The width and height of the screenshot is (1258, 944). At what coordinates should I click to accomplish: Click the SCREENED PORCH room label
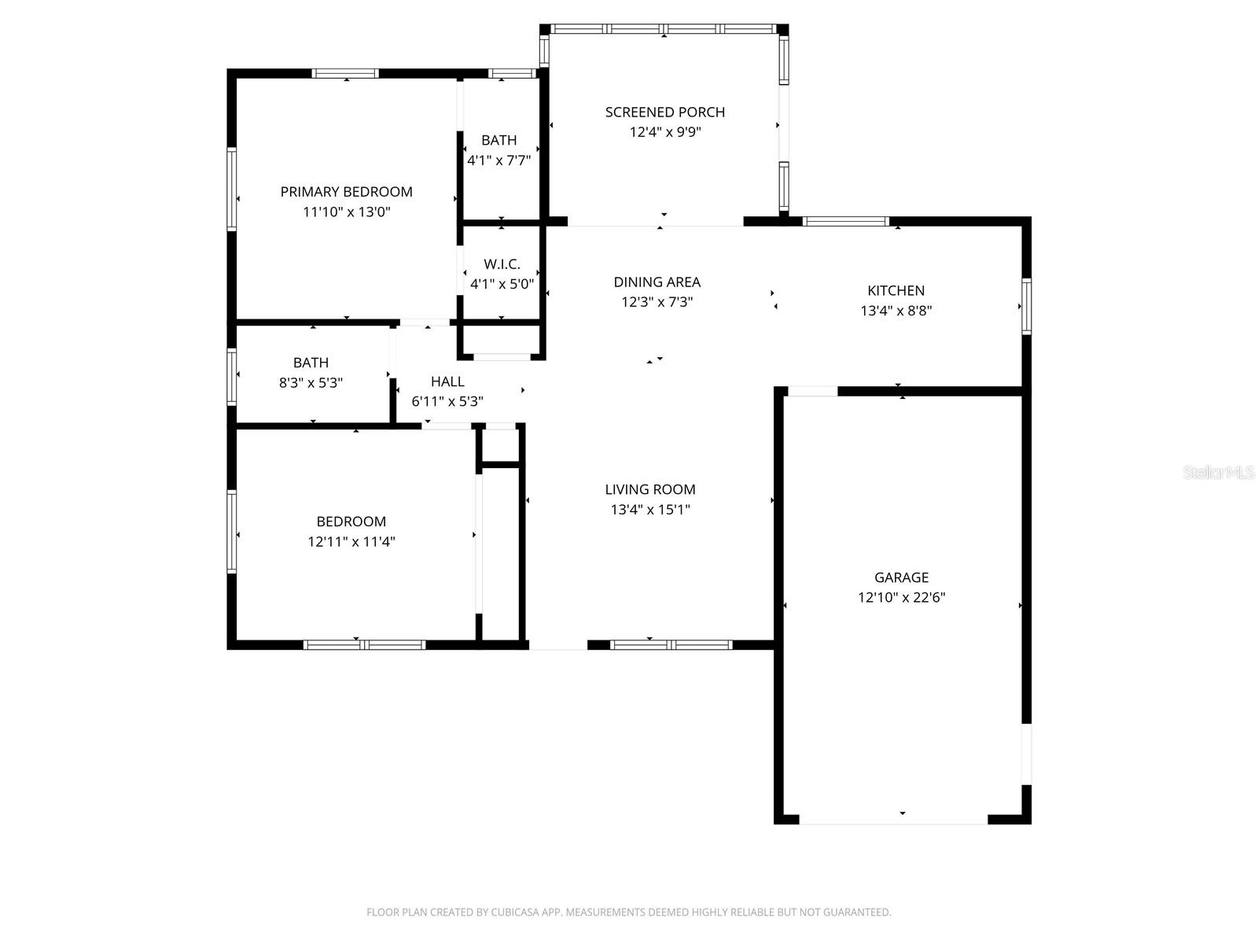(664, 112)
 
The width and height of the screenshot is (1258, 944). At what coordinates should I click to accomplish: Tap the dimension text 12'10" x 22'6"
(901, 597)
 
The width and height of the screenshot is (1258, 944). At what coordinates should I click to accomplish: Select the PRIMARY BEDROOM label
(346, 192)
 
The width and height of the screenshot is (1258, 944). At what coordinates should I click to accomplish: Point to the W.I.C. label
(502, 264)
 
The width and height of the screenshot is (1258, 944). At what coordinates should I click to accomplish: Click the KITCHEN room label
(896, 290)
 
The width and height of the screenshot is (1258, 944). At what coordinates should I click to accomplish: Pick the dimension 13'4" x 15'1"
(650, 510)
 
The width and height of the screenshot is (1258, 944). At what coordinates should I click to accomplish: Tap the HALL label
(447, 382)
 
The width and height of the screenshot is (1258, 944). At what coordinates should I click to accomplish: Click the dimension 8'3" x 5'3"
(311, 383)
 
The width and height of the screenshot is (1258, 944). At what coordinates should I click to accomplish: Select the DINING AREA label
(657, 282)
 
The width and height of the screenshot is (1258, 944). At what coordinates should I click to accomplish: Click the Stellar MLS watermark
(1219, 472)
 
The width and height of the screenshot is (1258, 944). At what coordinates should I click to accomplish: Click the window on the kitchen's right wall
(1026, 306)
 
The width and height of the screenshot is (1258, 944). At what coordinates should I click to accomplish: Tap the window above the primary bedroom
(345, 74)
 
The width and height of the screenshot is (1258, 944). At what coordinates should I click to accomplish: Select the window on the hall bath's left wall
(232, 377)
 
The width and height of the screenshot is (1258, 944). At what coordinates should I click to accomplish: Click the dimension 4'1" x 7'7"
(499, 160)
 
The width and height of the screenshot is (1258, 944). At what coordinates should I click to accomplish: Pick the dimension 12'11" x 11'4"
(351, 541)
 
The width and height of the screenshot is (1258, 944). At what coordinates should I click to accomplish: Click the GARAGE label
(901, 577)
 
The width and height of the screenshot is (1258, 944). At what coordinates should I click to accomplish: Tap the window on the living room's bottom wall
(671, 645)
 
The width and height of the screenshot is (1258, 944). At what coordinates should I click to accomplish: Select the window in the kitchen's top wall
(845, 221)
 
